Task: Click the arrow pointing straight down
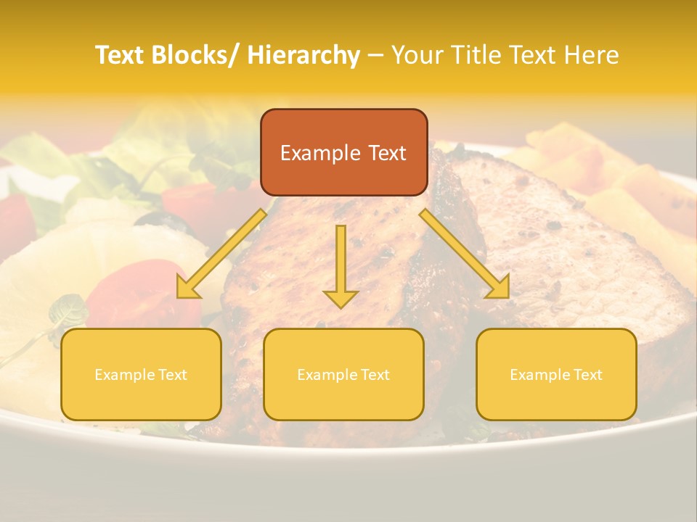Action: pyautogui.click(x=341, y=265)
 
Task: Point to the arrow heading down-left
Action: pyautogui.click(x=221, y=254)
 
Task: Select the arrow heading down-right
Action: pyautogui.click(x=465, y=254)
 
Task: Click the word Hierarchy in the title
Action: pyautogui.click(x=303, y=55)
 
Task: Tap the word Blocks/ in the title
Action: pyautogui.click(x=197, y=55)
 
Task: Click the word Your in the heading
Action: pyautogui.click(x=417, y=55)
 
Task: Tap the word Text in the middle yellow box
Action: pyautogui.click(x=374, y=375)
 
